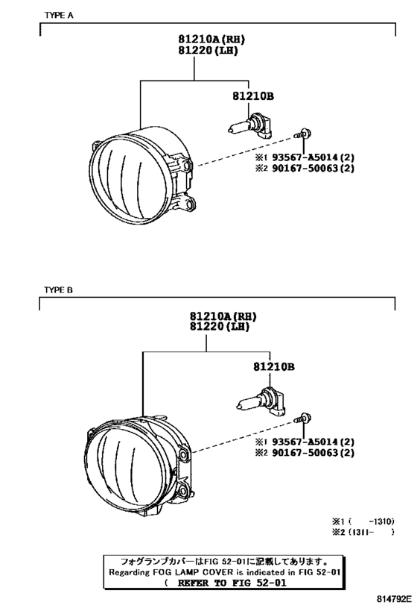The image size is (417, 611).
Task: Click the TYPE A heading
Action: click(59, 15)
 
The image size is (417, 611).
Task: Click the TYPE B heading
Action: click(58, 290)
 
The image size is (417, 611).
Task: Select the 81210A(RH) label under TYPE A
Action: click(211, 39)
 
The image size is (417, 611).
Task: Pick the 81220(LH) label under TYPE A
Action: click(208, 50)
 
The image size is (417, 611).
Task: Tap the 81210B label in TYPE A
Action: click(253, 95)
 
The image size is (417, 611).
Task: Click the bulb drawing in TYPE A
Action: click(250, 125)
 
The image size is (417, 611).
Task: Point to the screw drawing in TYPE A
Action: click(302, 134)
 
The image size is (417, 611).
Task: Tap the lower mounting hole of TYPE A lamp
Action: click(189, 204)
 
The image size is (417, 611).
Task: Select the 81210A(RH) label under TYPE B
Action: click(223, 316)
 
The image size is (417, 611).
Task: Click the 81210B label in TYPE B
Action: click(274, 367)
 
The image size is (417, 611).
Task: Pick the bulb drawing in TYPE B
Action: click(260, 400)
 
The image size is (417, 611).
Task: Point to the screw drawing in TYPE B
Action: click(302, 419)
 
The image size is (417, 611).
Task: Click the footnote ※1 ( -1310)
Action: click(363, 521)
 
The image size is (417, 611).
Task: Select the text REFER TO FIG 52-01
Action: click(232, 583)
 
